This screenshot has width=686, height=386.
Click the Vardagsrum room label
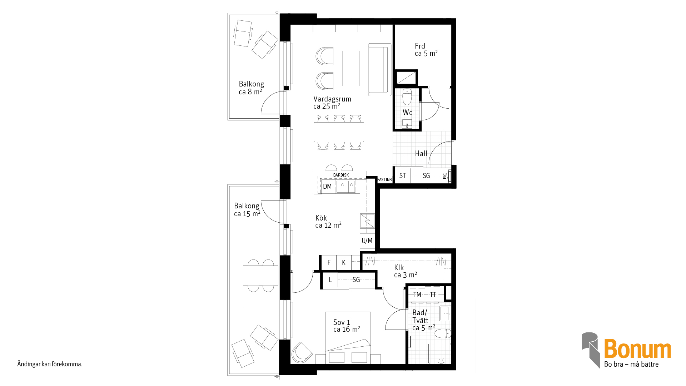pos(332,99)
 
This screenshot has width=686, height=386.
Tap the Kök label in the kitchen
pos(321,218)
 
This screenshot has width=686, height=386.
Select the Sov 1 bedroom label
pos(342,322)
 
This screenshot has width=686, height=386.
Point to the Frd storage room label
pos(420,46)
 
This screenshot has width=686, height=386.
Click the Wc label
pos(407,113)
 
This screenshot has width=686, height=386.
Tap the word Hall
pos(421,154)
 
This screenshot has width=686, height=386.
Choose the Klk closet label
pos(399,268)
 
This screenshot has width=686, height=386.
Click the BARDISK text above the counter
pos(341,175)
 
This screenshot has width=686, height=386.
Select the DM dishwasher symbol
pos(327,186)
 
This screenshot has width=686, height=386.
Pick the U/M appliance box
pos(367,241)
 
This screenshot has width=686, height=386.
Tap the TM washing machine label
pos(417,295)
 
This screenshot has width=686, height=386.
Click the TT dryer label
pos(433,295)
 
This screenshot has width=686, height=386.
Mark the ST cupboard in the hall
pos(403,176)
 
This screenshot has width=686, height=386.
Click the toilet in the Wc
pos(407,97)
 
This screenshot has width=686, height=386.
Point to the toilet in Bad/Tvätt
pos(443,334)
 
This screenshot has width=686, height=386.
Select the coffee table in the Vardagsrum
pos(351,68)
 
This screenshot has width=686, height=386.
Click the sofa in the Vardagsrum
pos(380,70)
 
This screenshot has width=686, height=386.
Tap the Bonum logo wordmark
pos(637,349)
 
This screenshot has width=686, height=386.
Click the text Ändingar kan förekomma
pos(50,364)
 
